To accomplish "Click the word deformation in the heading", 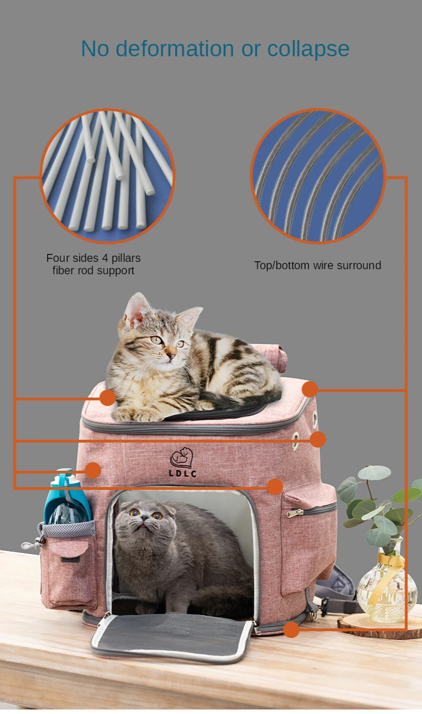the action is [x=175, y=48].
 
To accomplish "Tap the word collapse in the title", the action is [x=308, y=50].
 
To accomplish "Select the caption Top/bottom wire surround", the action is [x=318, y=265].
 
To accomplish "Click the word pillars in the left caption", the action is [x=126, y=258].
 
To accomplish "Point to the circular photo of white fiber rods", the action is [x=107, y=176].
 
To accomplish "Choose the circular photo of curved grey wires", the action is [x=318, y=176].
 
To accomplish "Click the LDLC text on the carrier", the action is [x=183, y=474].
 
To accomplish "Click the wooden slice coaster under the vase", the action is [x=380, y=627].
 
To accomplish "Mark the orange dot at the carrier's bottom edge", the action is [x=291, y=630].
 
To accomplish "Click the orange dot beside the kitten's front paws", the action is [x=108, y=398].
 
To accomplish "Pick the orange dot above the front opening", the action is [x=274, y=487].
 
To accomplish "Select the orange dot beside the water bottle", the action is [x=93, y=471].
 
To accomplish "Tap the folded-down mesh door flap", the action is [x=172, y=636].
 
